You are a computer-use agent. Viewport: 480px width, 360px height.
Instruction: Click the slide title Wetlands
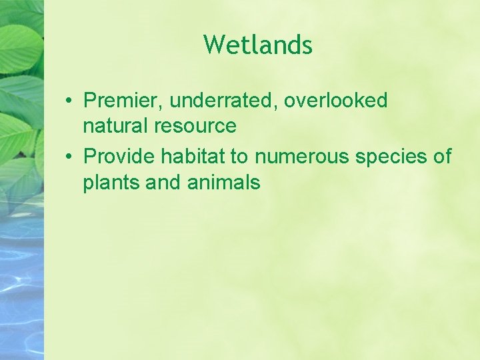(258, 45)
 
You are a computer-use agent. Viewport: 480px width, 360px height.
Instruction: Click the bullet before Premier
(69, 101)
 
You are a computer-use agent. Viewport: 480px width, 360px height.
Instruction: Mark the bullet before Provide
(69, 157)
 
